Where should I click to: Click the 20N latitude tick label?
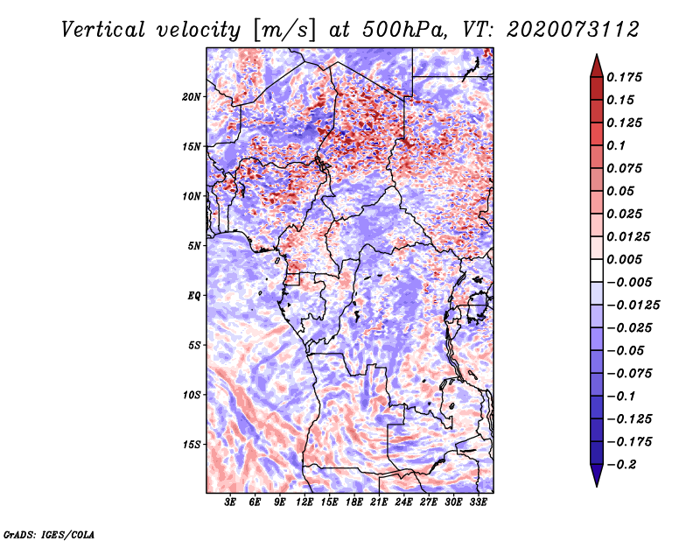point(192,96)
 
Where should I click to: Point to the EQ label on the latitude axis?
point(193,295)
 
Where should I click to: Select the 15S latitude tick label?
point(192,444)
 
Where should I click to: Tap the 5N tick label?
point(194,245)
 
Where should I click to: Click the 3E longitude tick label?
point(231,502)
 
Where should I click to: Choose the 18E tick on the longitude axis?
point(353,502)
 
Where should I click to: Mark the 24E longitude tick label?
point(402,502)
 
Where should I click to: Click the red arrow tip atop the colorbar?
point(596,61)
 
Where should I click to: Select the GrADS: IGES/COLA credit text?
point(49,533)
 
